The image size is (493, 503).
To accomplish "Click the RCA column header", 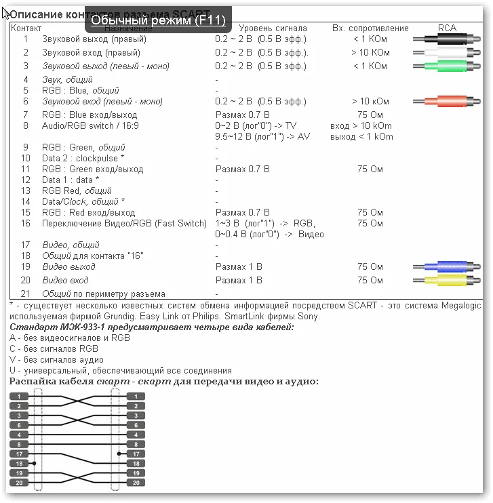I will coord(447,28).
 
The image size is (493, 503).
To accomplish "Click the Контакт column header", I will coord(26,28).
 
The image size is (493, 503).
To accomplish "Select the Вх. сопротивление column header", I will coord(370,28).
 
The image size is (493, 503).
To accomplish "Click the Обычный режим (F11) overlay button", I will coord(158,20).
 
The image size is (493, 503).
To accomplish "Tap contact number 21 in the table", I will coord(26,294).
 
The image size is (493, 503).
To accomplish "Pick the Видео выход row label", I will coord(68,267).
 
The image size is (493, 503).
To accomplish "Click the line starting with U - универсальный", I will coord(120,371).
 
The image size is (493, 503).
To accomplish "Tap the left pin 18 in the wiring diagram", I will coord(20,463).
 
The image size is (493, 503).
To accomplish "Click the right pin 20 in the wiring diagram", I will coord(136,482).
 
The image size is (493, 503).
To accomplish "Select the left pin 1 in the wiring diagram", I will coord(20,397).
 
